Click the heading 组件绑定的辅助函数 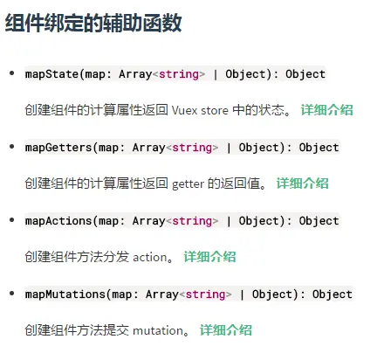(x=93, y=23)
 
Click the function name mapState (x=51, y=74)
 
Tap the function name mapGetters (x=58, y=148)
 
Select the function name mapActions (x=58, y=221)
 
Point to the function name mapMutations (x=65, y=294)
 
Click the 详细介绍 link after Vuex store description (x=327, y=110)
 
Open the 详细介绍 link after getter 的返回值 (x=303, y=183)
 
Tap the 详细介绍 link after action (x=209, y=257)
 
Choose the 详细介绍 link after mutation (x=226, y=330)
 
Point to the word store (x=215, y=111)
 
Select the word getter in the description (x=189, y=184)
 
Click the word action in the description (x=149, y=257)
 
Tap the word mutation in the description (x=158, y=330)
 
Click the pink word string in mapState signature (x=179, y=74)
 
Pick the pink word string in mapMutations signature (x=206, y=294)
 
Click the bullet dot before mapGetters (x=12, y=147)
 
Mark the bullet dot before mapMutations (x=12, y=294)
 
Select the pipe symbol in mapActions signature (x=229, y=221)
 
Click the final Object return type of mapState (x=305, y=74)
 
